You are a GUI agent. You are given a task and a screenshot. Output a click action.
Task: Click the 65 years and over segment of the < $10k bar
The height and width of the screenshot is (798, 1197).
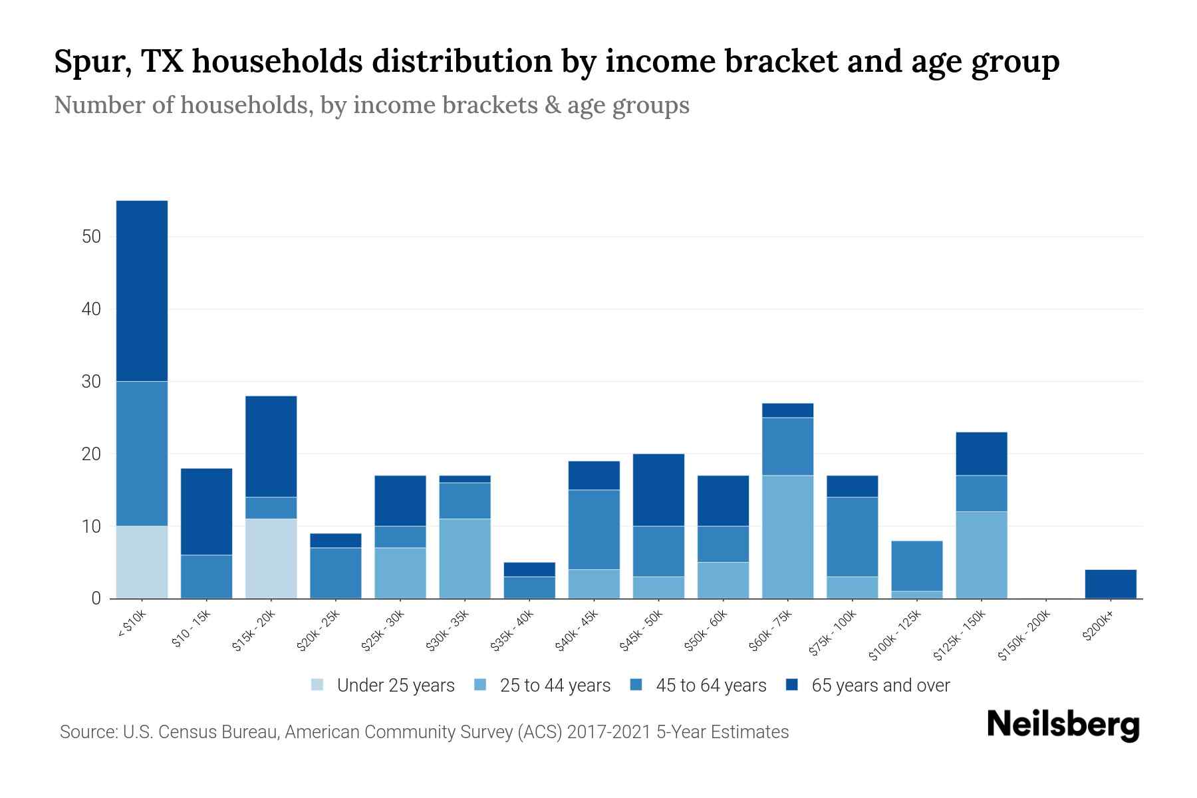(x=142, y=291)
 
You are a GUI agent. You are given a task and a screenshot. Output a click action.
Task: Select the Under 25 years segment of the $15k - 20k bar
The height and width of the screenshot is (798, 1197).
(x=271, y=559)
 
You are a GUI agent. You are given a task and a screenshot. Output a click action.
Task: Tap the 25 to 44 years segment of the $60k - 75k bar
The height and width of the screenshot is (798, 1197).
(x=787, y=537)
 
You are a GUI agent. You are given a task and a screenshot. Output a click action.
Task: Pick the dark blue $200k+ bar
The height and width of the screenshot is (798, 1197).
(x=1110, y=584)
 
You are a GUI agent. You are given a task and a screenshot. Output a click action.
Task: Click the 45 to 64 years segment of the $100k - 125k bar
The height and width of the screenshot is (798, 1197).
(x=916, y=566)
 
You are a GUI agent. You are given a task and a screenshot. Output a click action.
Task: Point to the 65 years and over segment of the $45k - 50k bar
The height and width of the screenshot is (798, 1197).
(x=658, y=490)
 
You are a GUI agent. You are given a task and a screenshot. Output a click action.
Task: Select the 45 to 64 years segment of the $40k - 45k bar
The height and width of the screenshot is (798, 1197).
(x=594, y=529)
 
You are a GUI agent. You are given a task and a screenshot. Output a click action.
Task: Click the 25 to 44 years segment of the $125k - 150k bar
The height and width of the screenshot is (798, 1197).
(x=981, y=555)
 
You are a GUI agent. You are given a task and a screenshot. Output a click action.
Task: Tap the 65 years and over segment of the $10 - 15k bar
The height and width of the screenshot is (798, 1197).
(x=206, y=511)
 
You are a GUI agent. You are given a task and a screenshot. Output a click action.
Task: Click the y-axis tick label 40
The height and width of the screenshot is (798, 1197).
(x=91, y=309)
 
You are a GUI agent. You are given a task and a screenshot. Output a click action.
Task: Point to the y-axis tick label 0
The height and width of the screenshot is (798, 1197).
(x=96, y=598)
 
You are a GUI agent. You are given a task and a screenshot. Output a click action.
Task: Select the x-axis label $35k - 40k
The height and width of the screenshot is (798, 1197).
(x=512, y=631)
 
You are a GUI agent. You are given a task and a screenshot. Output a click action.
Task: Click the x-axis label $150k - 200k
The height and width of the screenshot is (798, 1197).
(x=1024, y=635)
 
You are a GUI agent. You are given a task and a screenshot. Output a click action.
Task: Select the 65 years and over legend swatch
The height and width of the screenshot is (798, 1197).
(x=792, y=685)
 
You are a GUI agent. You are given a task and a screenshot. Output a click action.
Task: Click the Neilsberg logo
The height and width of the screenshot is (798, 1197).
(x=1063, y=725)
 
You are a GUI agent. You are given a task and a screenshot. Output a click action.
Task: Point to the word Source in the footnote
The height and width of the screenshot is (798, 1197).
(x=86, y=732)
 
